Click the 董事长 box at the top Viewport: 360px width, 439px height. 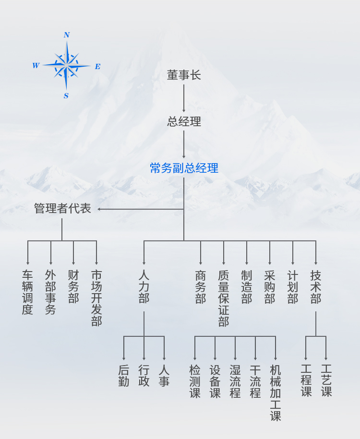pos(184,75)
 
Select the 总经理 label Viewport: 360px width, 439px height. pos(184,122)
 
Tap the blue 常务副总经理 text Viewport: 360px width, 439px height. pos(184,168)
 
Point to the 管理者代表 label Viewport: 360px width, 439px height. pos(62,209)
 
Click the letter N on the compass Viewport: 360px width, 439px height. pos(67,35)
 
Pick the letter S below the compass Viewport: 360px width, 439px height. pos(66,96)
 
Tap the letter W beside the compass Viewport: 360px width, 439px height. pos(36,66)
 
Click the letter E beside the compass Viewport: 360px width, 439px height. pos(97,67)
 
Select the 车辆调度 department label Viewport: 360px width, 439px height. pos(27,292)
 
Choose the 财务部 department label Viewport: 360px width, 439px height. pos(73,286)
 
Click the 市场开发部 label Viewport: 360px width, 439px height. pos(96,298)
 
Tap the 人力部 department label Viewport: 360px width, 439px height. pos(144,286)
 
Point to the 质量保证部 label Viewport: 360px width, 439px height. pos(224,298)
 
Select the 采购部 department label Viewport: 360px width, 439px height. pos(270,286)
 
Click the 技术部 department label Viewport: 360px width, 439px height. pos(316,286)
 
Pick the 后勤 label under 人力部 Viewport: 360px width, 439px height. pos(124,376)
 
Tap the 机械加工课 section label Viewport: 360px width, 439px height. pos(276,393)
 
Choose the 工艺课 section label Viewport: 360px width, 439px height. pos(326,380)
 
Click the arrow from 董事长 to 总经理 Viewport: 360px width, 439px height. pos(184,98)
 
